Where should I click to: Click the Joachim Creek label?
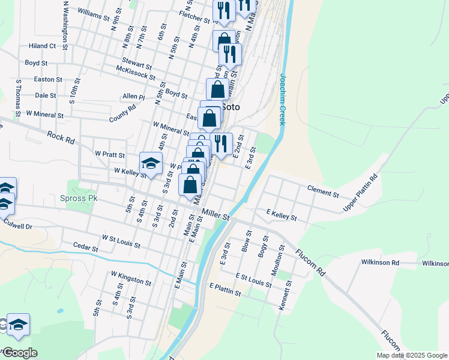[x=281, y=98]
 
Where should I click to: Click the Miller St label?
[x=216, y=213]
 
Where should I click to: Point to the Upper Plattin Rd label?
[x=361, y=193]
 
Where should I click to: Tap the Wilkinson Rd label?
[x=380, y=262]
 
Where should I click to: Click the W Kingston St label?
[x=131, y=277]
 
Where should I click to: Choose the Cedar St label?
[x=85, y=246]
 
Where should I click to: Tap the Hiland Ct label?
[x=42, y=46]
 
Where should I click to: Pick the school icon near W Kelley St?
[x=151, y=163]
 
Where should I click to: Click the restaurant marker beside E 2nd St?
[x=221, y=143]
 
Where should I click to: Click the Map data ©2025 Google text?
[x=411, y=355]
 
